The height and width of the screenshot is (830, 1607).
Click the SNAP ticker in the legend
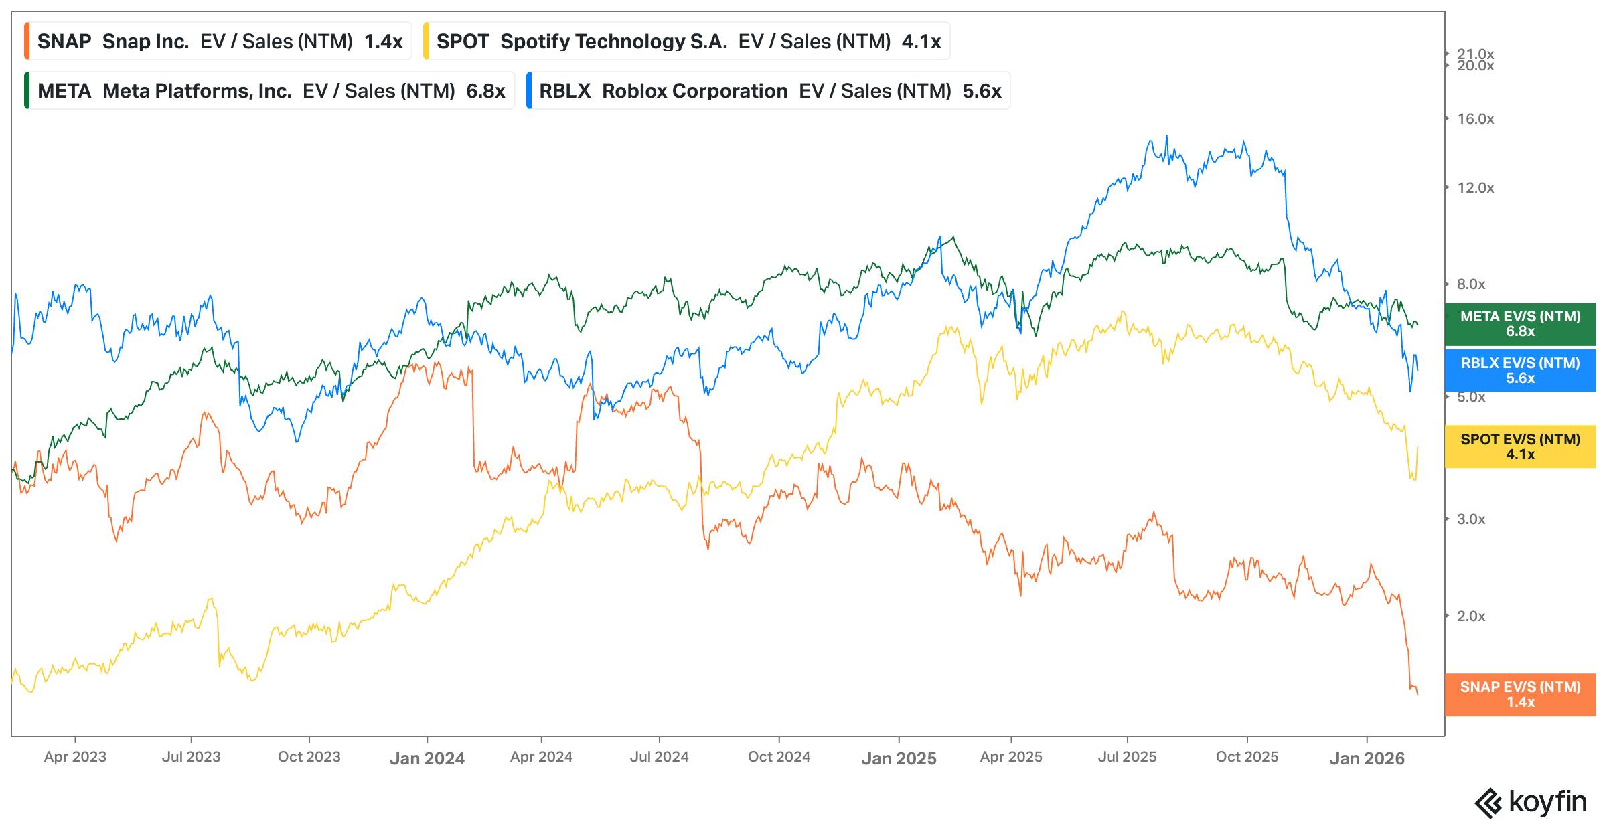point(64,41)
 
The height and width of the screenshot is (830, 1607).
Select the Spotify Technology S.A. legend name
point(613,41)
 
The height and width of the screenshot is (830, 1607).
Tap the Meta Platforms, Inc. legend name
point(197,91)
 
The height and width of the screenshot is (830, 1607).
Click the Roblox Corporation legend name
point(694,91)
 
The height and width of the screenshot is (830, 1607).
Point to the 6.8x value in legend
point(485,91)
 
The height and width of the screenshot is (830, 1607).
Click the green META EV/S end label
point(1520,324)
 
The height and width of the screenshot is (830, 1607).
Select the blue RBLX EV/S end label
point(1520,370)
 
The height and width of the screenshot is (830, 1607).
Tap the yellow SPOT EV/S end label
point(1520,446)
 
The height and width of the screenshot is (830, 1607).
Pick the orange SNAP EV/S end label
point(1520,694)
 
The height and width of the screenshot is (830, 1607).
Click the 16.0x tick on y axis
point(1475,119)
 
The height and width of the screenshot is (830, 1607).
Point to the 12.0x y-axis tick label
point(1475,188)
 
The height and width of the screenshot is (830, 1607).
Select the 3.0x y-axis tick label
point(1470,519)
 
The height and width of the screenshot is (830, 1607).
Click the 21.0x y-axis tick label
point(1475,54)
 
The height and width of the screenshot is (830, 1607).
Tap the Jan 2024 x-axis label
point(427,758)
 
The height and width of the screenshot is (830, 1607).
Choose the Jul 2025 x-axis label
point(1127,757)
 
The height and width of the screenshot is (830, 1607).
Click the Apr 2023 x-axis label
point(75,757)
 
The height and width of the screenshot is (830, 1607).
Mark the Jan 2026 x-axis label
point(1367,758)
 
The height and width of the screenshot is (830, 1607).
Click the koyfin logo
point(1530,802)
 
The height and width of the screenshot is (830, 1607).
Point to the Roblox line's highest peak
point(1166,137)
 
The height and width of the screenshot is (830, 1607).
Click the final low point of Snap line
point(1417,694)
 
